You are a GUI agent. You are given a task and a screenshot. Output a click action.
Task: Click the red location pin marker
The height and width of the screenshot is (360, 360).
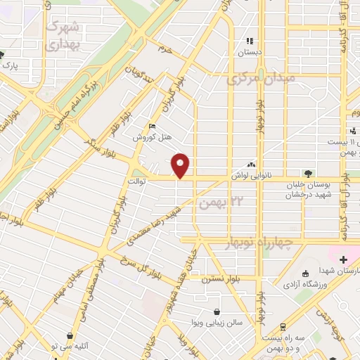(181, 165)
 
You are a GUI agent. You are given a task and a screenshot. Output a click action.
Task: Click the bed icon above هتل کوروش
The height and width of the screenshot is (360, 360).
(152, 127)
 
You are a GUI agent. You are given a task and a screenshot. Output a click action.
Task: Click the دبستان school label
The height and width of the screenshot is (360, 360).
(248, 52)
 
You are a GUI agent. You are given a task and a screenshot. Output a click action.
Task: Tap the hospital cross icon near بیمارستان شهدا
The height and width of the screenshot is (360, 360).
(342, 259)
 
